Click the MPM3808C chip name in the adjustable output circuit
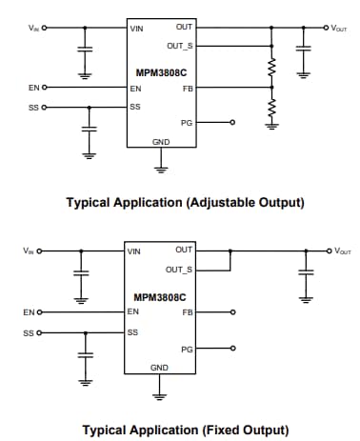pos(161,70)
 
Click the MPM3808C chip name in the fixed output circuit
pos(161,295)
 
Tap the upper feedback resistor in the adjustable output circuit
pos(271,70)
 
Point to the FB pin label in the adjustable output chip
pos(187,88)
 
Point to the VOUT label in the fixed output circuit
pos(341,251)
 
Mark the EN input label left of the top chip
pos(33,88)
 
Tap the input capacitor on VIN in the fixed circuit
pos(82,271)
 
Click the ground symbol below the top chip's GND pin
pos(161,169)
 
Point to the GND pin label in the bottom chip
pos(160,367)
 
